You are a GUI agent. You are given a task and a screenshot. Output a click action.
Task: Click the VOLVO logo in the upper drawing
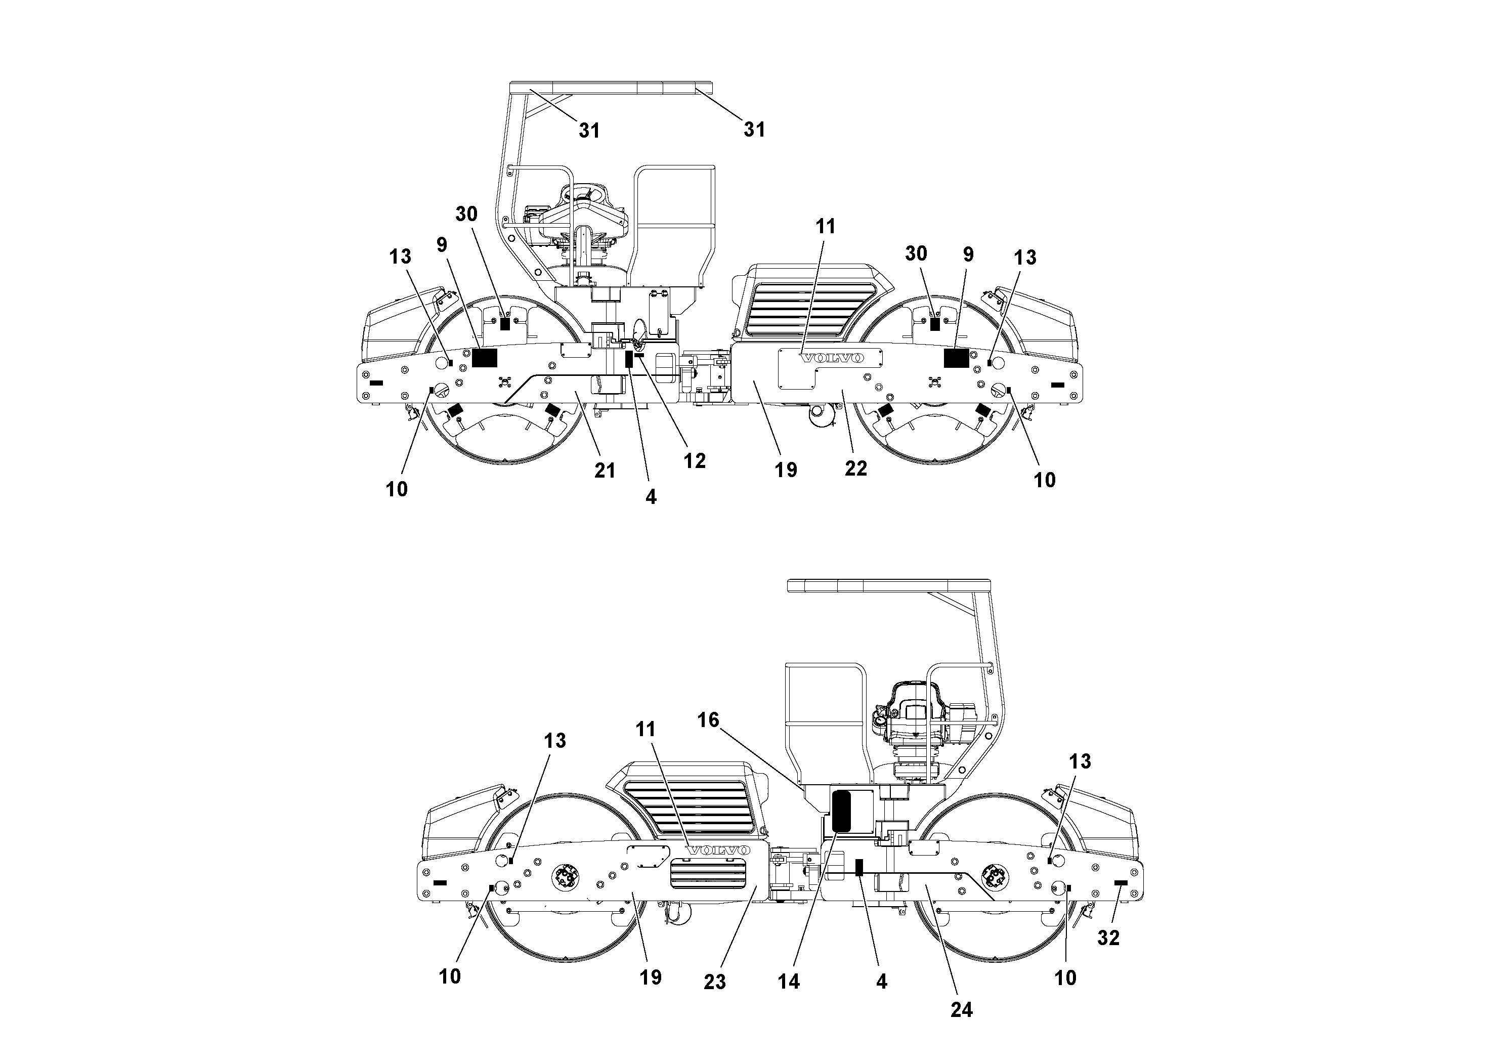tap(832, 358)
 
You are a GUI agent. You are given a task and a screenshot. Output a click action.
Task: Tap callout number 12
tap(695, 461)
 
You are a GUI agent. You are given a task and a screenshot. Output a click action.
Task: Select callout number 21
tap(605, 471)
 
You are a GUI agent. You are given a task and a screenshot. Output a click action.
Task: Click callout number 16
tap(708, 720)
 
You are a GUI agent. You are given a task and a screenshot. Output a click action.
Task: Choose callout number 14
tap(789, 982)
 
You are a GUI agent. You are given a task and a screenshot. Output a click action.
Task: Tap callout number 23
tap(715, 982)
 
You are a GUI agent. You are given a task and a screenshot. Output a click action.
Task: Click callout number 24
tap(962, 1009)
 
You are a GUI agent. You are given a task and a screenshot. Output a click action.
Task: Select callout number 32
tap(1108, 938)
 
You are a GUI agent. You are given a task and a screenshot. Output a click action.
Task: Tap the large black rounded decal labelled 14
tap(841, 811)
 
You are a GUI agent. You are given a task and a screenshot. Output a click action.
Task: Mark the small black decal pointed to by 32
tap(1121, 883)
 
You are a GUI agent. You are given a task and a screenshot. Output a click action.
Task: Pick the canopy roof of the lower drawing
tap(888, 585)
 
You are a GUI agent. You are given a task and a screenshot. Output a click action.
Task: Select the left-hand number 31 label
tap(589, 131)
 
